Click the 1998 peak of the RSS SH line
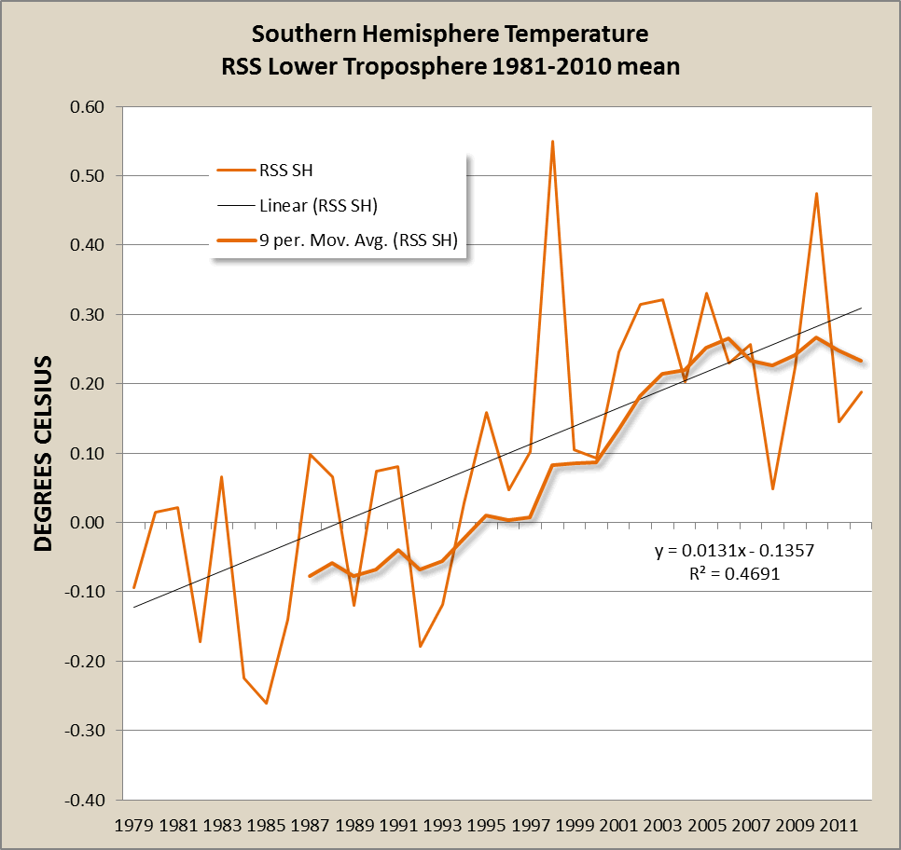552,142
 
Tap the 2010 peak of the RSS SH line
817,194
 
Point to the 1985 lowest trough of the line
266,703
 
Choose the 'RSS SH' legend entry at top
291,170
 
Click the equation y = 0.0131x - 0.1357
734,551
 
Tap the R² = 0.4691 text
734,574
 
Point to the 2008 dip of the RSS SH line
773,488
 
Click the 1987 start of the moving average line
310,576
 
